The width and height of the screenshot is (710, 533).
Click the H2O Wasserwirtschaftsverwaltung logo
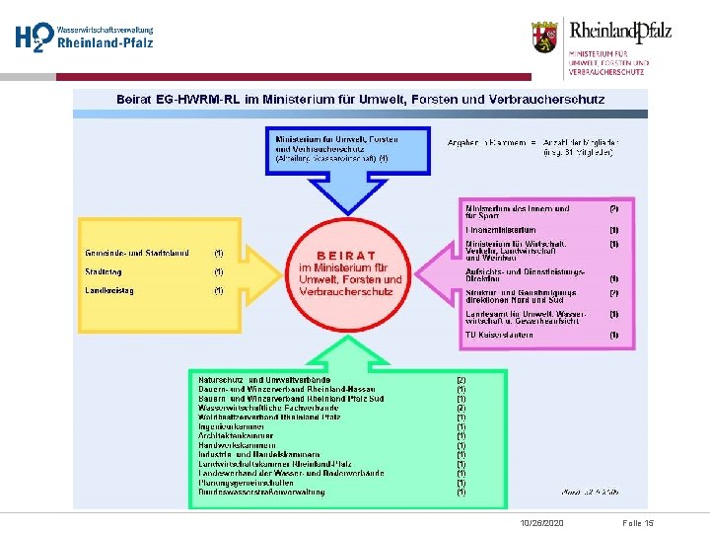pos(83,38)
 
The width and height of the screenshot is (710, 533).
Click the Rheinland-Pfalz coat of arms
pos(544,37)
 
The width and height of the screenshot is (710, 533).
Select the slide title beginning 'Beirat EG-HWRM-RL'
pos(361,100)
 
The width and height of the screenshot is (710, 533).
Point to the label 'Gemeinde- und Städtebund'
pos(137,254)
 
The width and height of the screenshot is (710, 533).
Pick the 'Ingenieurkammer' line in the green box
pos(233,426)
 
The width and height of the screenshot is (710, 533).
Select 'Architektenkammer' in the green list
pos(238,435)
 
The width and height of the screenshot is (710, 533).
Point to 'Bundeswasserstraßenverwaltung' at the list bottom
pos(261,492)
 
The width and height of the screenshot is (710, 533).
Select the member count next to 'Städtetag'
pos(219,272)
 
